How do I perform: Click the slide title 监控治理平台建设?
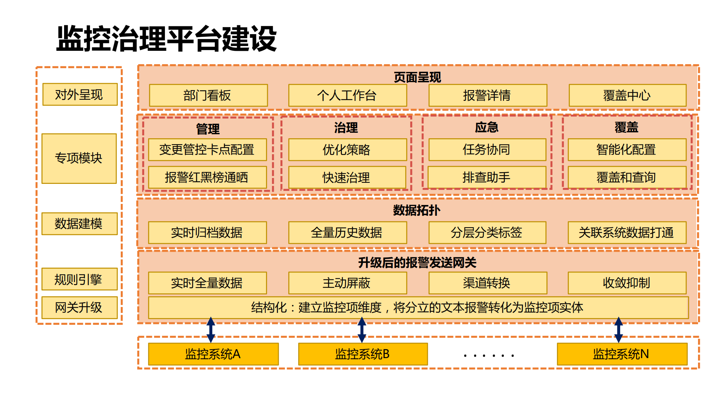click(166, 39)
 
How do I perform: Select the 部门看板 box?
click(208, 96)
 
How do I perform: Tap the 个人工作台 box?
click(347, 96)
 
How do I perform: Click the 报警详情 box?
click(487, 96)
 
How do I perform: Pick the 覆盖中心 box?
click(627, 96)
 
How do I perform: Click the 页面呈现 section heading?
click(417, 77)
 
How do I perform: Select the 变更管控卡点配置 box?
click(207, 150)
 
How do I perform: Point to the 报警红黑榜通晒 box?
click(207, 178)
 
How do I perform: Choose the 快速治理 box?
click(347, 178)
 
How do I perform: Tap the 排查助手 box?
click(486, 178)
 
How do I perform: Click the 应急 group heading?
click(486, 128)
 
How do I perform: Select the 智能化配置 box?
click(627, 150)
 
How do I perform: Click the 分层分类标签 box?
click(487, 233)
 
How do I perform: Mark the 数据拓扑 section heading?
click(417, 211)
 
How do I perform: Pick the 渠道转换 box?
click(487, 283)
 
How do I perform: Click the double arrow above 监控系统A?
click(211, 330)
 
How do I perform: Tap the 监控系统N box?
click(622, 354)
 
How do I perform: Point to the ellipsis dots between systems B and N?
click(488, 356)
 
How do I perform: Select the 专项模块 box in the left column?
click(79, 159)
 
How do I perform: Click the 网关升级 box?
click(79, 308)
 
